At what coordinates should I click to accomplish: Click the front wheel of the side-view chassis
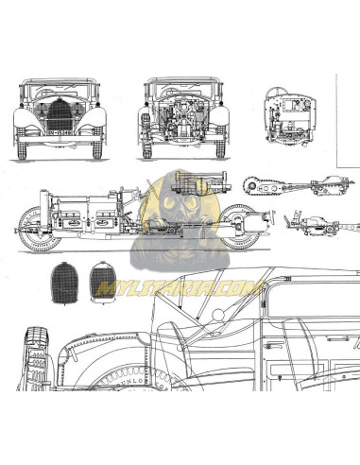pyautogui.click(x=34, y=230)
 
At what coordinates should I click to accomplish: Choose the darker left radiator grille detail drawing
pyautogui.click(x=64, y=282)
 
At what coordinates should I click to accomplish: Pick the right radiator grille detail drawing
pyautogui.click(x=103, y=281)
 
